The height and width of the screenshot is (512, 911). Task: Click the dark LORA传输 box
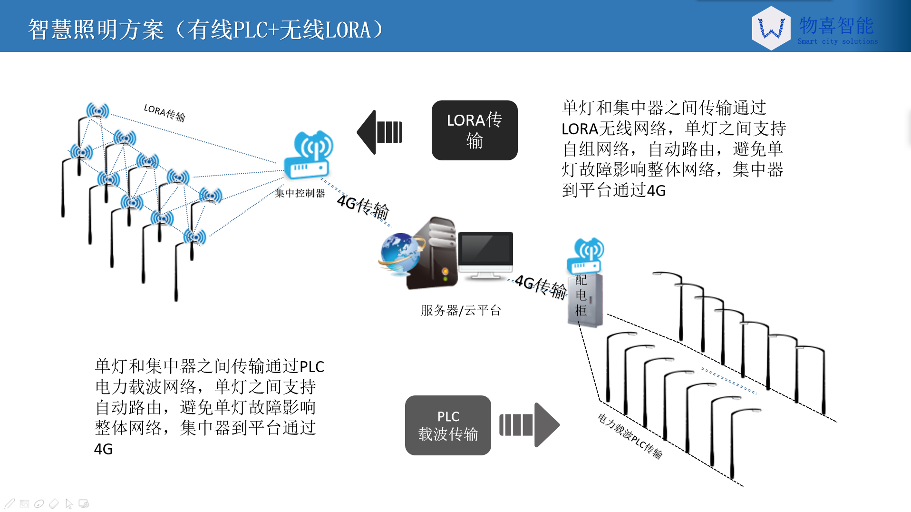(x=474, y=130)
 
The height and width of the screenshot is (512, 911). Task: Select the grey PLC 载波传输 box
(x=447, y=425)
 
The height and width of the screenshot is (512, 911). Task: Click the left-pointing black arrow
(x=379, y=132)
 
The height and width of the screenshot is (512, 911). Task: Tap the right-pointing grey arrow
(x=529, y=425)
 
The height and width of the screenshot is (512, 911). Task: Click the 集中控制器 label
(x=300, y=193)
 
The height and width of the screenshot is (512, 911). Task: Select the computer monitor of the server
(x=485, y=255)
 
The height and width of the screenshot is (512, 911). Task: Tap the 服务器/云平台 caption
(x=460, y=311)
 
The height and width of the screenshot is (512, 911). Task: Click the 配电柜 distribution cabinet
(x=585, y=299)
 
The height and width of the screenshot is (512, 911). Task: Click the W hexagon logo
(x=771, y=29)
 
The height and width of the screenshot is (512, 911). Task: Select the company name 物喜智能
(x=836, y=26)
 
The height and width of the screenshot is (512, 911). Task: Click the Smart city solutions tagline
(x=837, y=42)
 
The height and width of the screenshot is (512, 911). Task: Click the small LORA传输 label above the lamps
(x=165, y=113)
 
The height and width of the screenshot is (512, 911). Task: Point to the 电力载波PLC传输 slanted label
(x=630, y=436)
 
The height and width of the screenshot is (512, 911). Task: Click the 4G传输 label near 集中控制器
(x=363, y=207)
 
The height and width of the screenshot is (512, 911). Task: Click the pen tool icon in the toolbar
(x=10, y=503)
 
